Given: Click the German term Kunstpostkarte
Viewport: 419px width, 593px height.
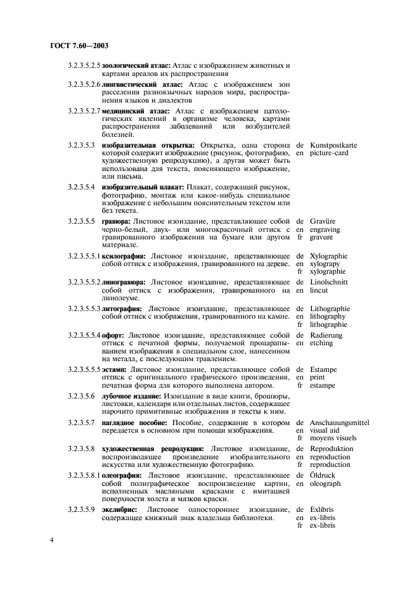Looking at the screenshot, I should coord(333,145).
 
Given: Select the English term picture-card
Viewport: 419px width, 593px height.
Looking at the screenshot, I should coord(328,153).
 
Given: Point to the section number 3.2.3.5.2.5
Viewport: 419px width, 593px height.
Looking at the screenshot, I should coord(85,65).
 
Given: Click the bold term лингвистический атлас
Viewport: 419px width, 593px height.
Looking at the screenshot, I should coord(134,84).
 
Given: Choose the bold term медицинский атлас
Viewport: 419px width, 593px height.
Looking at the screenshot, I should coord(127,111).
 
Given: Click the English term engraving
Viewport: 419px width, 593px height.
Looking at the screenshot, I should coord(327,229).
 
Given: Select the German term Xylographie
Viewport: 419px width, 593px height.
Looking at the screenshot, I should coord(329,256).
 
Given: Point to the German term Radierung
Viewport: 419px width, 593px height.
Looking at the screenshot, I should coord(326,335).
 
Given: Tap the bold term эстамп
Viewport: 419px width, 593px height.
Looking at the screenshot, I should coord(115,369).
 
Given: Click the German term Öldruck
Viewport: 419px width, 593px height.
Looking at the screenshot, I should coord(323,475).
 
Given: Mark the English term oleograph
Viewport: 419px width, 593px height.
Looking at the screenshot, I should coord(326,483).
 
